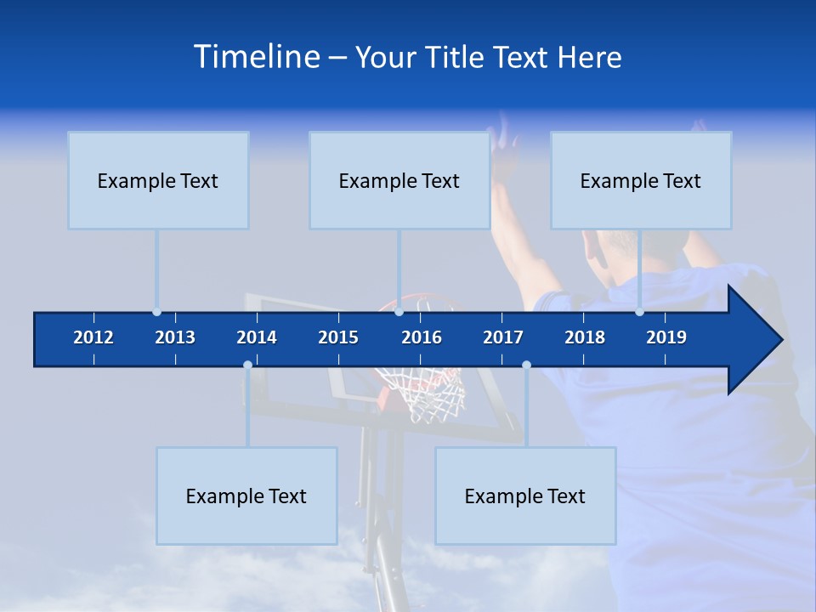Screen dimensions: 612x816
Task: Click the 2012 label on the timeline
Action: (93, 337)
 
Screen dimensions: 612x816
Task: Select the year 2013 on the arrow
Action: (175, 337)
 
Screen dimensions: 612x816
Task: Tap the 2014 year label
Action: (257, 337)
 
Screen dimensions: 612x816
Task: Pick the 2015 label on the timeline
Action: (338, 337)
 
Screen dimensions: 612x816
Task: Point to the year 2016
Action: (422, 337)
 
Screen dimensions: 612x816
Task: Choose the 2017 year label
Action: (503, 337)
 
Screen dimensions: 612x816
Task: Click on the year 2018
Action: (585, 337)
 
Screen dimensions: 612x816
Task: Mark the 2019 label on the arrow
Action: (666, 337)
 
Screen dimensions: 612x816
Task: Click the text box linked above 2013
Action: (158, 180)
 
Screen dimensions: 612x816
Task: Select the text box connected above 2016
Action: (399, 180)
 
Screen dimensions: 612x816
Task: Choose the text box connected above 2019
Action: (641, 180)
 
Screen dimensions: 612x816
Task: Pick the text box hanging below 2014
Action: (246, 496)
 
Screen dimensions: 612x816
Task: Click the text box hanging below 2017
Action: (525, 496)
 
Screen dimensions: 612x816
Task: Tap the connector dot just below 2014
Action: (247, 365)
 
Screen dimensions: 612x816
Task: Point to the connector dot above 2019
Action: (639, 311)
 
